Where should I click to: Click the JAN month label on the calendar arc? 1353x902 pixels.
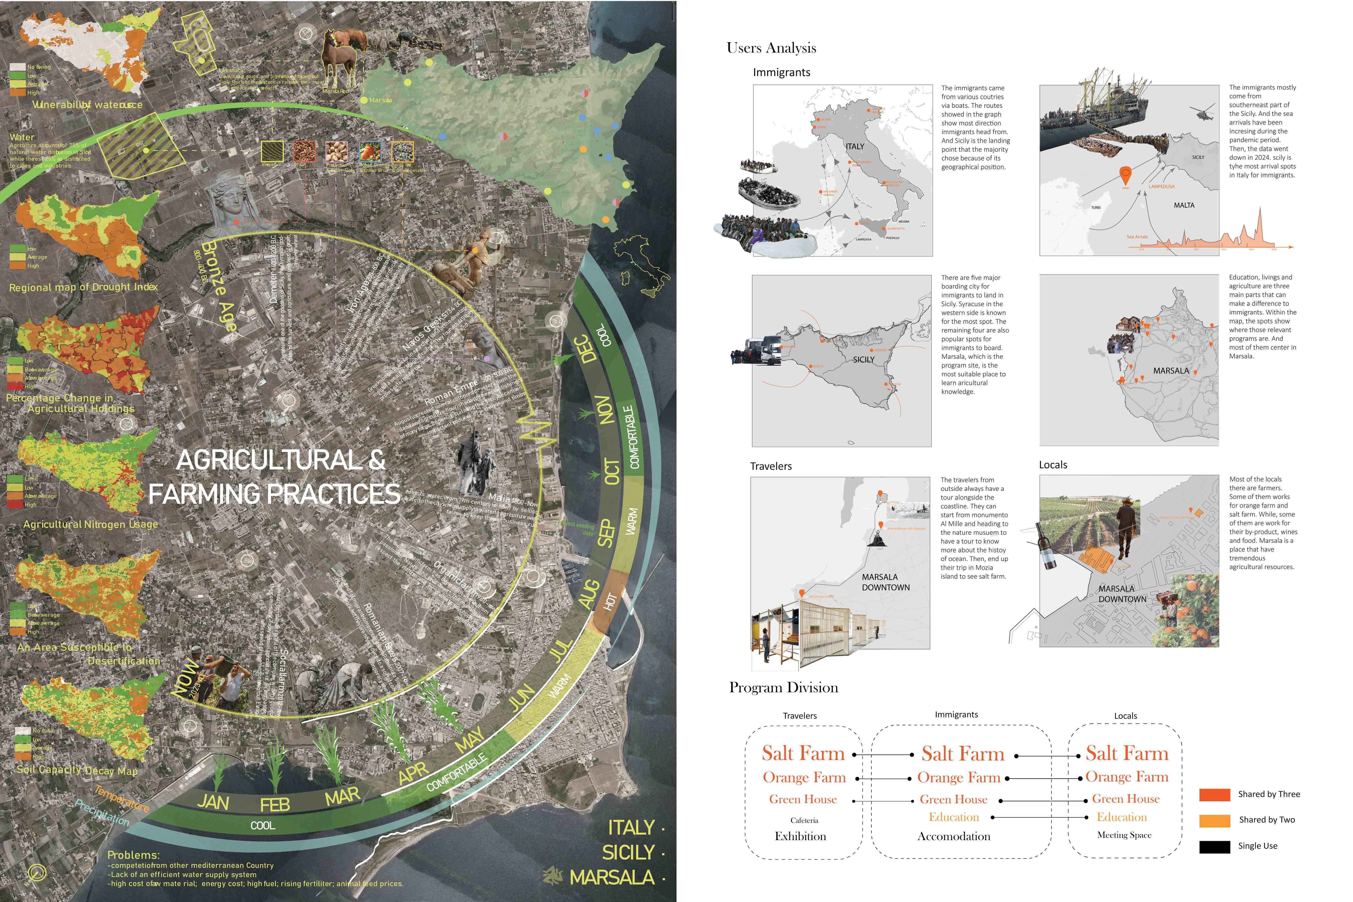(x=213, y=801)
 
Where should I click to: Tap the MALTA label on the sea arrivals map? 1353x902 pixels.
(x=1184, y=205)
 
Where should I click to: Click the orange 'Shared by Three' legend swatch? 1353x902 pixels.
(x=1214, y=795)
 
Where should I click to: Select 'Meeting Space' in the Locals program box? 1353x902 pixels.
(x=1124, y=835)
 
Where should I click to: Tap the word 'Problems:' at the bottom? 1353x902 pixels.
(x=134, y=855)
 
